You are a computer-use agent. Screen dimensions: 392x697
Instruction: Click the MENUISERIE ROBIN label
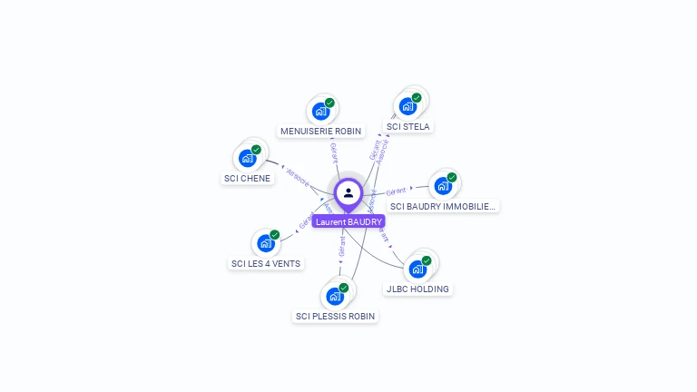[x=320, y=132]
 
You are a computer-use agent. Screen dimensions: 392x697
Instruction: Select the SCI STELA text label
[x=408, y=127]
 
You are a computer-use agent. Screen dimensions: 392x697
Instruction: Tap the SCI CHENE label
[x=247, y=179]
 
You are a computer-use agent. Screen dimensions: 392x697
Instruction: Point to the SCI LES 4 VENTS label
[x=266, y=264]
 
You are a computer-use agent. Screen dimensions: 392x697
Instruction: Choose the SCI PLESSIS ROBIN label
[x=335, y=317]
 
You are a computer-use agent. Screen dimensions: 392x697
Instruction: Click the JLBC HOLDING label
[x=417, y=289]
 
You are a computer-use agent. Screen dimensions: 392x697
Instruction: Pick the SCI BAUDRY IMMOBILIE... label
[x=444, y=207]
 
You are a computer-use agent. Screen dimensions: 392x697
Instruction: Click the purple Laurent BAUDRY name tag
[x=348, y=221]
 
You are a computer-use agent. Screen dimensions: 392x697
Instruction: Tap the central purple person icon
[x=348, y=192]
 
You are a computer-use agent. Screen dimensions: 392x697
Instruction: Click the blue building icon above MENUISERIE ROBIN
[x=320, y=112]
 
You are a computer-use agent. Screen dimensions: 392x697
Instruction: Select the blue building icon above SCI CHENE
[x=247, y=159]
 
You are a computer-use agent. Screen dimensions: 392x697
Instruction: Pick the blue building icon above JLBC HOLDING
[x=417, y=269]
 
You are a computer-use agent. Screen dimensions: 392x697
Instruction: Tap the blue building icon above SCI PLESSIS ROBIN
[x=335, y=297]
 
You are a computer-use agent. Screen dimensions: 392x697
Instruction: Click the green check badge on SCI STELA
[x=417, y=98]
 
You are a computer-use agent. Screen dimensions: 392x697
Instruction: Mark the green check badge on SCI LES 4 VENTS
[x=274, y=235]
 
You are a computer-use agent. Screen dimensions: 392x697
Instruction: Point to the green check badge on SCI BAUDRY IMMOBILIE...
[x=452, y=178]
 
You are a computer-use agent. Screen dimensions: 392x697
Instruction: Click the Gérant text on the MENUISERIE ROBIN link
[x=334, y=152]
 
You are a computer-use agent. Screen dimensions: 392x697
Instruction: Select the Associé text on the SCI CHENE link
[x=298, y=175]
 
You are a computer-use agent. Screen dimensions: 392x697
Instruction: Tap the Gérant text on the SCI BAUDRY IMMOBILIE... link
[x=396, y=191]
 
